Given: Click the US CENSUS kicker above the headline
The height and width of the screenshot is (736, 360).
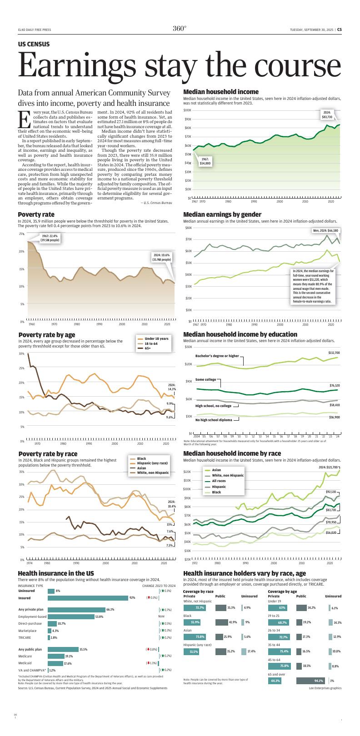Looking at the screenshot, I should (x=34, y=44).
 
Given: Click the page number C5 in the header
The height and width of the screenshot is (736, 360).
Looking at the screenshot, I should (x=339, y=30).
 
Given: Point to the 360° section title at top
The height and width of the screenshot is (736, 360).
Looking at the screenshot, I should (x=180, y=29).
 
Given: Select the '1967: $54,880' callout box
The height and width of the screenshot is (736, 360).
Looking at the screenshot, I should (x=205, y=161).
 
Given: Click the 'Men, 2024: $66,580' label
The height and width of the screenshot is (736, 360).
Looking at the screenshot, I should (x=326, y=230).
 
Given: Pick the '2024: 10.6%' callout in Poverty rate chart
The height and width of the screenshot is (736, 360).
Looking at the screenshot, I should (x=162, y=257).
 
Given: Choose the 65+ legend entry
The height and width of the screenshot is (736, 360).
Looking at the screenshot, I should (x=147, y=348).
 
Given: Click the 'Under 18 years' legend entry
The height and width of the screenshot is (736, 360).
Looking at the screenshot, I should (x=156, y=338).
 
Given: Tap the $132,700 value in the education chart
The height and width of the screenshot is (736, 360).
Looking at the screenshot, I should (x=334, y=353).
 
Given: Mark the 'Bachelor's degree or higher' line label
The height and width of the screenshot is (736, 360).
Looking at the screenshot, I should (x=217, y=356).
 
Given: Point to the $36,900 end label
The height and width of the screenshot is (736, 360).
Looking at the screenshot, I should (x=334, y=417).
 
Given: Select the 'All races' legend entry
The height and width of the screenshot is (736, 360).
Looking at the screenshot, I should (x=218, y=481).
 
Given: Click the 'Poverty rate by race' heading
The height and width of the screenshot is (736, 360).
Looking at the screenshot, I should (x=48, y=453).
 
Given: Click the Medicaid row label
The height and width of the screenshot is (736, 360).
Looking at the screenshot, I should (x=25, y=663).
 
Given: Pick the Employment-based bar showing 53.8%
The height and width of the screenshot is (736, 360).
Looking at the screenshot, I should (x=70, y=617).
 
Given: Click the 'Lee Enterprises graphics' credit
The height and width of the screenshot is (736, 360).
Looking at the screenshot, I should (x=325, y=688).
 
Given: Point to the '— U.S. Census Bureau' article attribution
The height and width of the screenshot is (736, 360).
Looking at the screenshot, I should (x=156, y=203).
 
